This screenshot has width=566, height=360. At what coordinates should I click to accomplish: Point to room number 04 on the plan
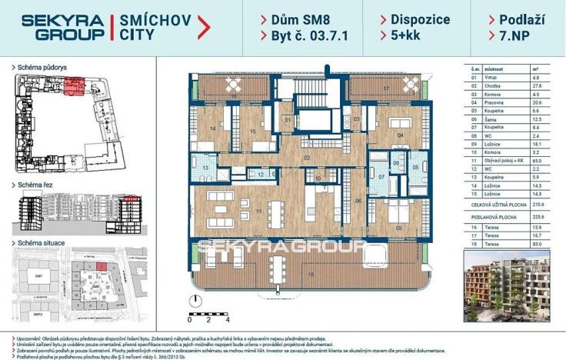(399, 135)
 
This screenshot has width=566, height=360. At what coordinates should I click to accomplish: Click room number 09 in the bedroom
(398, 228)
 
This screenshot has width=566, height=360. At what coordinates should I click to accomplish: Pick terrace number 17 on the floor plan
(385, 88)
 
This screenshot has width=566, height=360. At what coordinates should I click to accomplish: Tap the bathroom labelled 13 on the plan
(206, 168)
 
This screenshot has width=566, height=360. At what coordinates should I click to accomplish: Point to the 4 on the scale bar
(228, 318)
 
